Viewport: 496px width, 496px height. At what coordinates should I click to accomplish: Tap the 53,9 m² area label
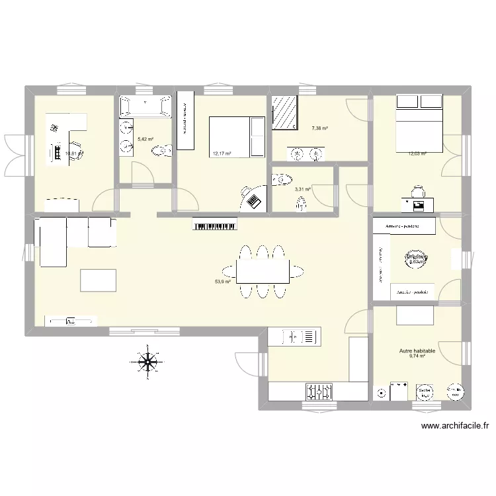(222, 282)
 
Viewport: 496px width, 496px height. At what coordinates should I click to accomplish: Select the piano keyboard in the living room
(215, 226)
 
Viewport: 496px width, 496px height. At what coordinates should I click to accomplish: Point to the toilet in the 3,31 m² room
(283, 179)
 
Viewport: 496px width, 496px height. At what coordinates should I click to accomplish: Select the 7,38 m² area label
(320, 129)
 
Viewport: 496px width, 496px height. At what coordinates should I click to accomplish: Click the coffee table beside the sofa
(98, 280)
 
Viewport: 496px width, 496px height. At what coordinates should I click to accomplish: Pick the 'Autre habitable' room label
(417, 352)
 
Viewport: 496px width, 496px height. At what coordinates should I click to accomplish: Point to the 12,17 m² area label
(222, 154)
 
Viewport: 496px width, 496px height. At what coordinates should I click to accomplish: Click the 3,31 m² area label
(302, 189)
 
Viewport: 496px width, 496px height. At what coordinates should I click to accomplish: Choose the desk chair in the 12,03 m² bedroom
(417, 191)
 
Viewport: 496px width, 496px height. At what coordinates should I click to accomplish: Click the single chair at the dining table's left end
(227, 270)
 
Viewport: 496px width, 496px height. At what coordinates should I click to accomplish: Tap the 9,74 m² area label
(417, 357)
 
